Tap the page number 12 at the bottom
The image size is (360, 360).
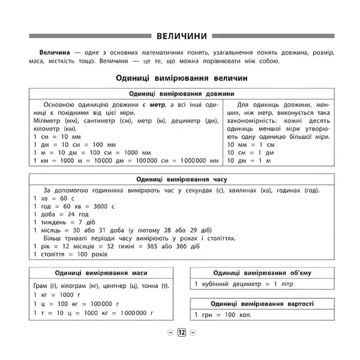click(x=182, y=332)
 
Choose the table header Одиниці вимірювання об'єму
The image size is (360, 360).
click(x=262, y=273)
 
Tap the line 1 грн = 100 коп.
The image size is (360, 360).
click(x=223, y=315)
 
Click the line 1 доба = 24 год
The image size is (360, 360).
click(x=61, y=214)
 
